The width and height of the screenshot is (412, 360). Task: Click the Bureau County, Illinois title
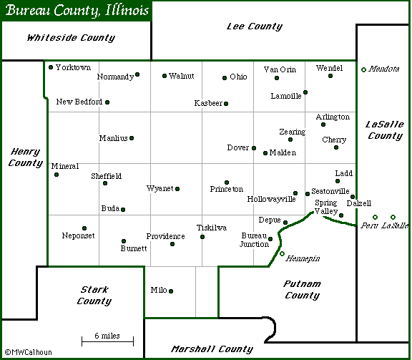tap(77, 11)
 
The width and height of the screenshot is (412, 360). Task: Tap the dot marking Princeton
tap(227, 183)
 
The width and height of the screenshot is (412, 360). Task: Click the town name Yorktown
tap(74, 67)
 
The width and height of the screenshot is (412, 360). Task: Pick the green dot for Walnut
tap(165, 75)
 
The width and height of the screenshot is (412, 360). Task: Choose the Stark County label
tap(94, 296)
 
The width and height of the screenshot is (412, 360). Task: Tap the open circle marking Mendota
tap(363, 69)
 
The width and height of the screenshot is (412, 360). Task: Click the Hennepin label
tap(303, 258)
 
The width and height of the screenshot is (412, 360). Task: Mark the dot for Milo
tap(171, 291)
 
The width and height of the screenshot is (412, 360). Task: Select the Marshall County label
tap(212, 349)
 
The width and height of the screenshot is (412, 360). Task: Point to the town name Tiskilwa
tap(212, 228)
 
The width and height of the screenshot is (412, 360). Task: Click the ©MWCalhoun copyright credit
tap(28, 352)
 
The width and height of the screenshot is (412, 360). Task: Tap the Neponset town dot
tap(84, 228)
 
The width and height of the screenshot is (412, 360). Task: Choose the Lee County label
tap(254, 26)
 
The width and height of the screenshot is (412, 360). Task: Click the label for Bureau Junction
tap(254, 240)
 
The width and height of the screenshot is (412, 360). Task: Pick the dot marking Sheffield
tap(105, 183)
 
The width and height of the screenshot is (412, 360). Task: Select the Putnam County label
tap(302, 289)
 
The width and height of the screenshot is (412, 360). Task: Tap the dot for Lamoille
tap(305, 92)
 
